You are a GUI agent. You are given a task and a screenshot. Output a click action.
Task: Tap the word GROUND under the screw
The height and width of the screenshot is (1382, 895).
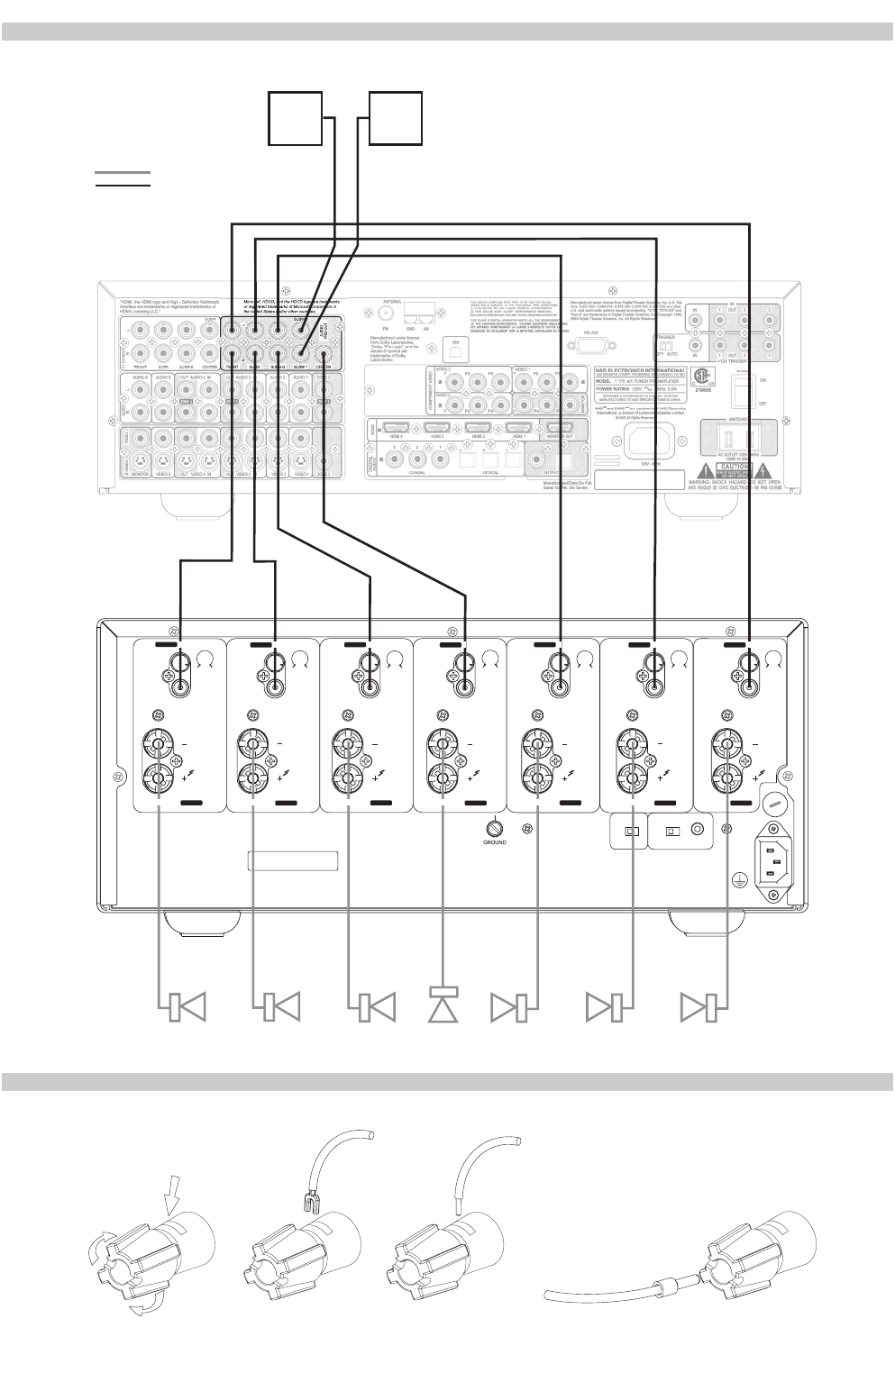[495, 843]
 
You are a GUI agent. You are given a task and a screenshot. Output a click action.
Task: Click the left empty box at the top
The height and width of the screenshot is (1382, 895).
[296, 118]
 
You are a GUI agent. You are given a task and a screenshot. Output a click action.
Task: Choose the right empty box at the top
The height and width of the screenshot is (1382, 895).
[395, 118]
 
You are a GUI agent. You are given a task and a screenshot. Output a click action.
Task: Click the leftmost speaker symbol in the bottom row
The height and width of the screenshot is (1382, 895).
[186, 1006]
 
